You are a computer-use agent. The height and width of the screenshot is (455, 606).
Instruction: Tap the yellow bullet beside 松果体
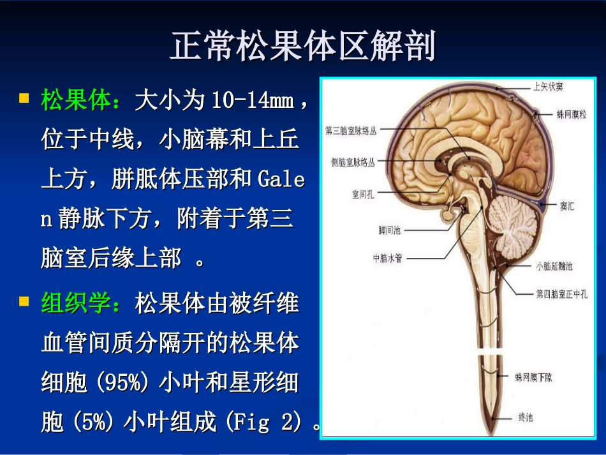click(x=25, y=99)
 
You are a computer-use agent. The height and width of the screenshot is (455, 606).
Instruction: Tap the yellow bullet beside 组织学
click(x=25, y=301)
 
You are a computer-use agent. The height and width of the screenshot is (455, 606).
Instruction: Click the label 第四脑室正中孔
click(x=561, y=294)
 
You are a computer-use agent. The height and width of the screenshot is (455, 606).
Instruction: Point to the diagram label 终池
click(x=525, y=418)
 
